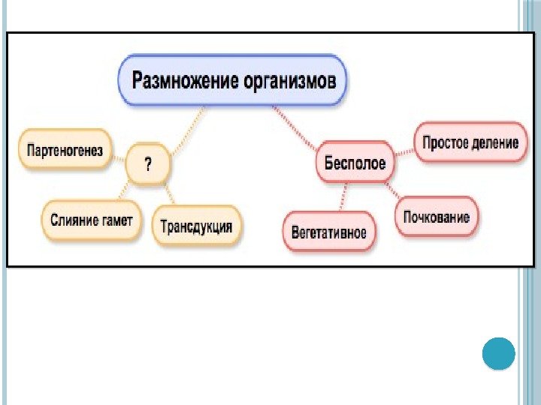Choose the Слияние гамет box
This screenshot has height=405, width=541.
[x=92, y=219]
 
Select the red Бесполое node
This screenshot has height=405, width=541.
[x=355, y=163]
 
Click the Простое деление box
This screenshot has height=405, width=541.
[x=470, y=142]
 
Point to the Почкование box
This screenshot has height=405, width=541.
[x=437, y=217]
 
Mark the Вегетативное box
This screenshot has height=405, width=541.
[x=330, y=232]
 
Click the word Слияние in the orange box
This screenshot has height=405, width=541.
[x=73, y=219]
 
